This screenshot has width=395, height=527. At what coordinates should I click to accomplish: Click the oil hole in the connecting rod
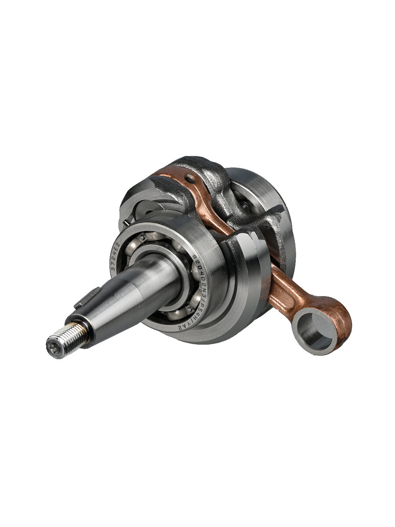[x=189, y=179]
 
